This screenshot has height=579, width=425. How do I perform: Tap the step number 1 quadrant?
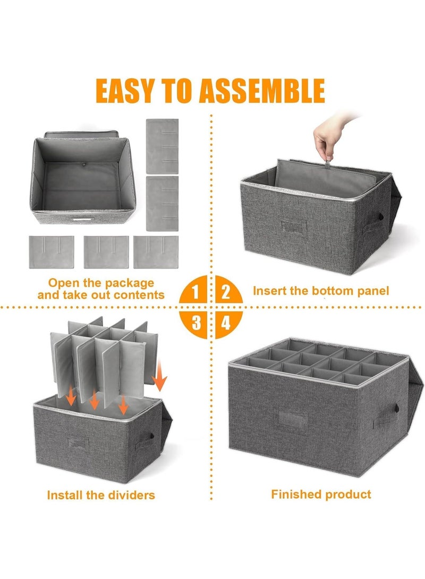coord(197,291)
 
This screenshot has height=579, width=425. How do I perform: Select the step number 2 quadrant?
coord(226,291)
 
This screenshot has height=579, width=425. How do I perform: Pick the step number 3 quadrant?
coord(197,322)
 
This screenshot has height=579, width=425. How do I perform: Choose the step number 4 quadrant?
coord(226,322)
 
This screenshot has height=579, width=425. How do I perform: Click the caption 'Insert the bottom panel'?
coord(321,290)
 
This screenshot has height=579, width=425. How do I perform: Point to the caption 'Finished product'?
coord(321,494)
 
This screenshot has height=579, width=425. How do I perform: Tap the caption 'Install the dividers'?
coord(101,495)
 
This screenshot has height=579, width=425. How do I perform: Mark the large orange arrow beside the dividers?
coord(159,380)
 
